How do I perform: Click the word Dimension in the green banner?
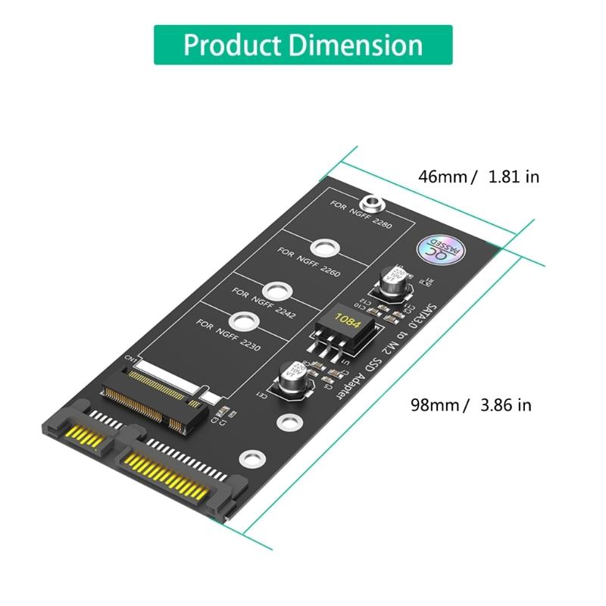[x=355, y=45]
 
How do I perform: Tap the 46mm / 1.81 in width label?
[x=479, y=176]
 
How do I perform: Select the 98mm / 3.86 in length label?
[x=471, y=405]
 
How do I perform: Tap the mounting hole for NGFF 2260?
[x=324, y=247]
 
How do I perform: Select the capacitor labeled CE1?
[x=292, y=378]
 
